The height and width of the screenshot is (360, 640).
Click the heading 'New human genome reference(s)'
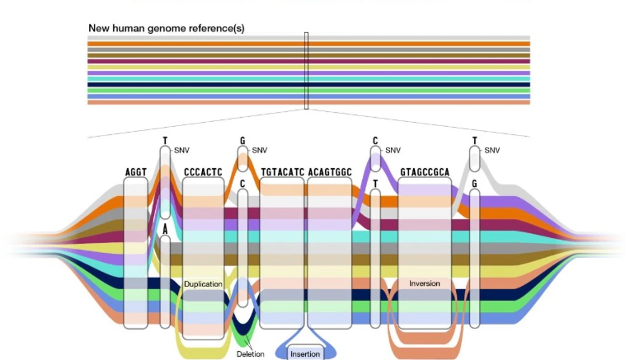166,28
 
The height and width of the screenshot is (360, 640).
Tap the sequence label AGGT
136,172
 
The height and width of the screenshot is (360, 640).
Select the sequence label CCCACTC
203,172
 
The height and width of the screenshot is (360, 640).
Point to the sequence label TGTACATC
283,172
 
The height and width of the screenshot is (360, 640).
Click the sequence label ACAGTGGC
330,172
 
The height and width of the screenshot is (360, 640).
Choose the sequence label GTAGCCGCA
425,172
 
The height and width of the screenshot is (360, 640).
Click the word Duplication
203,284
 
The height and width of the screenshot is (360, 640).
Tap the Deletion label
250,354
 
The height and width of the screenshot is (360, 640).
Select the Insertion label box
305,352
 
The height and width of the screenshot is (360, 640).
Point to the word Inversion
424,284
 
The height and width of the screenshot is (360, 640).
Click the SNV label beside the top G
260,150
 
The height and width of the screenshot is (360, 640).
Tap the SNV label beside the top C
393,150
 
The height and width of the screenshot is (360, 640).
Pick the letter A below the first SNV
165,230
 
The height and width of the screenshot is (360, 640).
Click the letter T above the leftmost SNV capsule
165,141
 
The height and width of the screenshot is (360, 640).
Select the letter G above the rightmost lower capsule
475,184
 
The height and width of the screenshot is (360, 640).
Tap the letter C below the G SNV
243,184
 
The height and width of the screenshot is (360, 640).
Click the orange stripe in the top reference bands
308,44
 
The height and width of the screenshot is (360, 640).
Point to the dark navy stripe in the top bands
308,84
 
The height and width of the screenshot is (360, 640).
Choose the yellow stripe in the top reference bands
308,67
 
